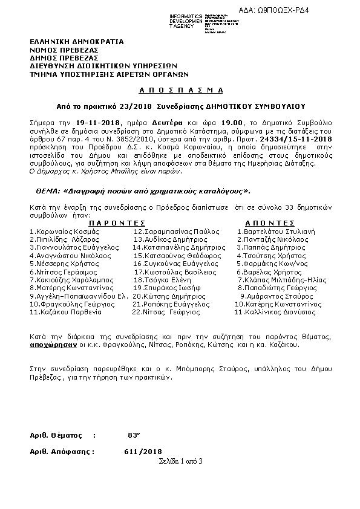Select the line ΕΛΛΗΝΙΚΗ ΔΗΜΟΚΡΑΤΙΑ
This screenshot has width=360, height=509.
(76, 42)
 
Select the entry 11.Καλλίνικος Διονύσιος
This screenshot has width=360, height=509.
(275, 313)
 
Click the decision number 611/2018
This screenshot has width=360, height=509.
(143, 451)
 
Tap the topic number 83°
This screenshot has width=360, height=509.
(134, 435)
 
